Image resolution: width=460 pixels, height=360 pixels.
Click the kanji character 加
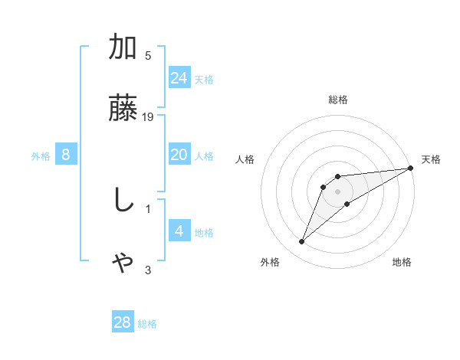(x=123, y=47)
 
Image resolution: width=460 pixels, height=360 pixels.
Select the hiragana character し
(x=123, y=200)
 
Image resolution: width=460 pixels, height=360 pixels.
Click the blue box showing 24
(x=179, y=77)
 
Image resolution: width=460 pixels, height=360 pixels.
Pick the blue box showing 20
(x=179, y=155)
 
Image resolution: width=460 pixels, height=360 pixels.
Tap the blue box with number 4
(x=179, y=231)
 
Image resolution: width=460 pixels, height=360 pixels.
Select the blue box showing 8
(x=66, y=155)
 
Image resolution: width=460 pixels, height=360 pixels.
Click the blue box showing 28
(x=123, y=322)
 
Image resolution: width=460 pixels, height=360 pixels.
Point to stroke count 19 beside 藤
(x=149, y=117)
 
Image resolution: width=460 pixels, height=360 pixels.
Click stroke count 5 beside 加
(x=148, y=56)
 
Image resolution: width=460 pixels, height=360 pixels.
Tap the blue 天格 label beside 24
(x=204, y=80)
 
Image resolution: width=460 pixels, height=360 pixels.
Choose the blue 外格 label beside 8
(x=41, y=156)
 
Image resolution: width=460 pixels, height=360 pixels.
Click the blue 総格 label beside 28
(x=147, y=324)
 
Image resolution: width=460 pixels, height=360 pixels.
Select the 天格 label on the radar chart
(x=431, y=159)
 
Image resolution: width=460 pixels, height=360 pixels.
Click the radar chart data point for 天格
(x=411, y=168)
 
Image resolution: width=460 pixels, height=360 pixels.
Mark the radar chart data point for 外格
(x=302, y=242)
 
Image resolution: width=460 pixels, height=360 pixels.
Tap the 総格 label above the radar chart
(x=338, y=100)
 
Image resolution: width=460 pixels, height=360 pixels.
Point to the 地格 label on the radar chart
(x=402, y=263)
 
